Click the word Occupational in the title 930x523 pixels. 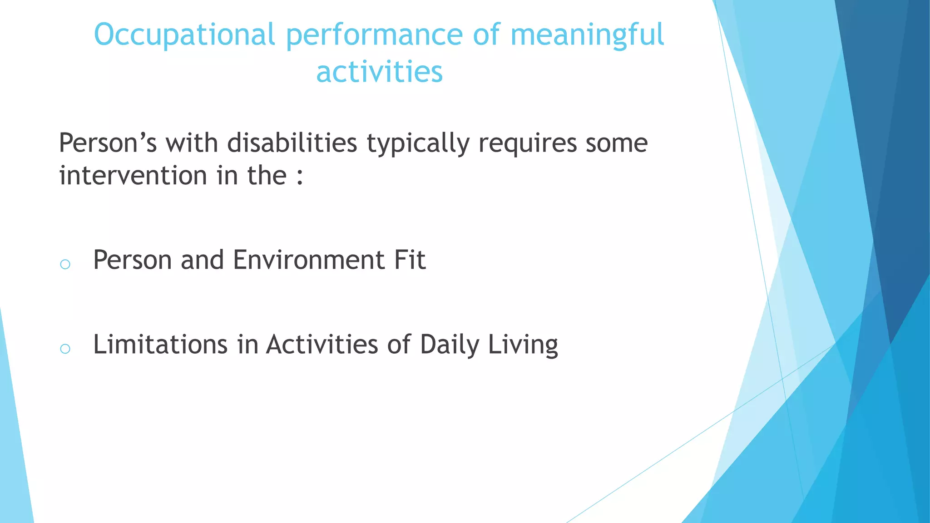pos(184,35)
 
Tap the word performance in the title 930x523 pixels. pos(374,35)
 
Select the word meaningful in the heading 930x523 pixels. pos(587,35)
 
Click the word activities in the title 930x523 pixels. pos(379,72)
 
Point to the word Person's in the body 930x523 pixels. pos(108,143)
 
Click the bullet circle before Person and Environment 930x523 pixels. pos(65,264)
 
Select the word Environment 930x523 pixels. pos(309,260)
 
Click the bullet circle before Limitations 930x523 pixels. pos(65,349)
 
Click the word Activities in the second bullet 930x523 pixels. pos(322,345)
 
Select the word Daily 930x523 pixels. pos(449,345)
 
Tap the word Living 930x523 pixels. pos(523,345)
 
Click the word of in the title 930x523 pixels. pos(486,35)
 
